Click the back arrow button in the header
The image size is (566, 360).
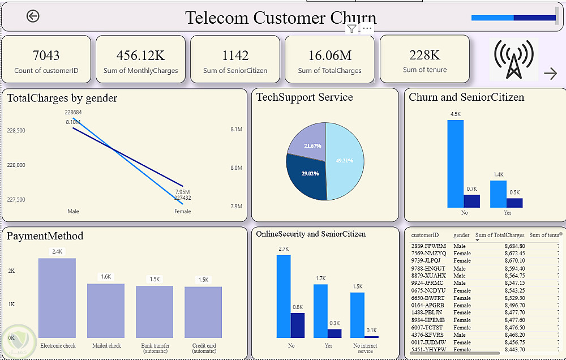click(33, 16)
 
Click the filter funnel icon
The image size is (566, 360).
click(351, 29)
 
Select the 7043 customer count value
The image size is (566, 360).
click(46, 55)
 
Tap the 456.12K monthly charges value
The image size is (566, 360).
click(140, 55)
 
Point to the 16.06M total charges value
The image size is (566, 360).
click(329, 55)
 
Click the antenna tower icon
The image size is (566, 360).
click(514, 59)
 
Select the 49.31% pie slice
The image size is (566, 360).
click(345, 161)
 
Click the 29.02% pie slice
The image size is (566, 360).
click(306, 175)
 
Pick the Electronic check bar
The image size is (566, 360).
click(57, 298)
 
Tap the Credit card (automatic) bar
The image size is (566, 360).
click(203, 312)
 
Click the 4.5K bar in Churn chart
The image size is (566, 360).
click(455, 164)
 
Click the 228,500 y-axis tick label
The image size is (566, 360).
click(16, 131)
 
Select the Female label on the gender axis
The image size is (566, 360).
click(182, 212)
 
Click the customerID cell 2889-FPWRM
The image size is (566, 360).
click(429, 246)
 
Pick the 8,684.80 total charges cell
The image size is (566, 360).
click(514, 246)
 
